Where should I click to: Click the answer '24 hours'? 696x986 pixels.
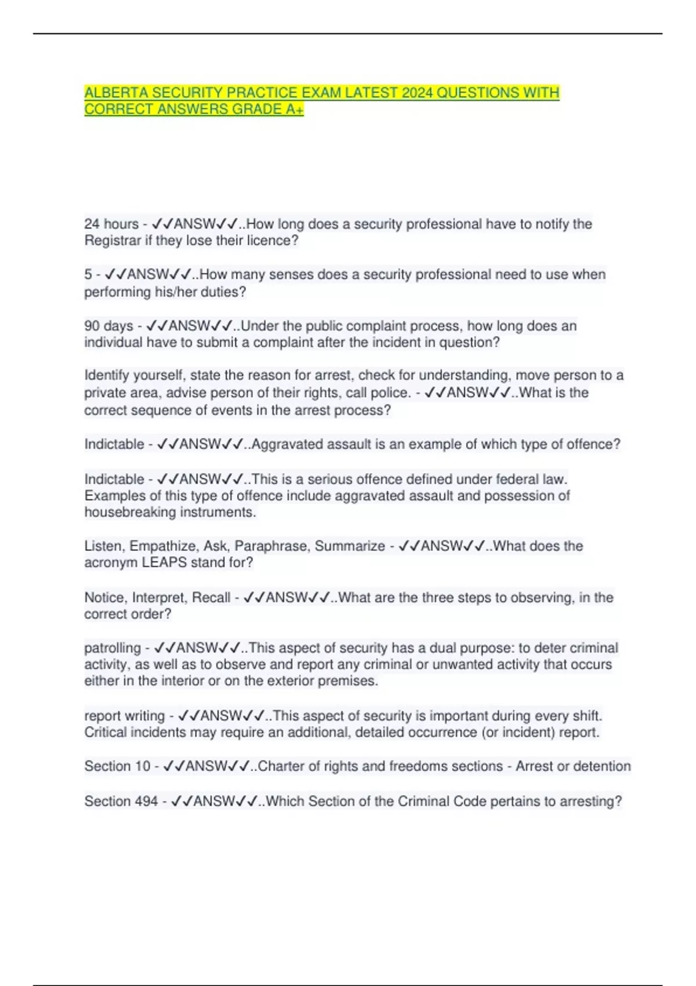(111, 224)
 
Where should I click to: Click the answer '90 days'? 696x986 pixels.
(108, 326)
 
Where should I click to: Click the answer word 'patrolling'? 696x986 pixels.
(113, 648)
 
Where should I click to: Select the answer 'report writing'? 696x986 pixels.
(124, 716)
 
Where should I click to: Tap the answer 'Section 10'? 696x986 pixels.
(117, 766)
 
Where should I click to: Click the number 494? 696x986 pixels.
(145, 802)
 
